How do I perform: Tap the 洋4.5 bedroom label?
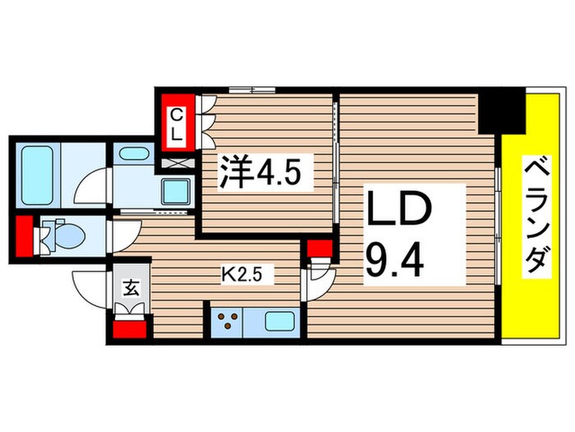[x=253, y=174]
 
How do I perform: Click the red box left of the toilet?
[x=23, y=235]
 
